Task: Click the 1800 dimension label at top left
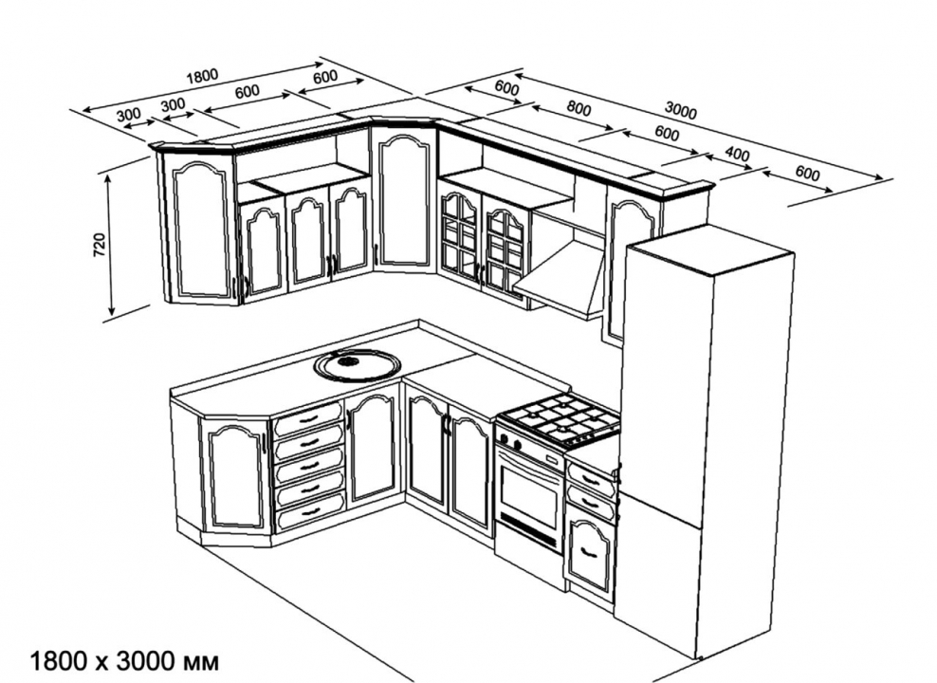point(202,76)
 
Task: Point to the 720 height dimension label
point(99,244)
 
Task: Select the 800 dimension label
point(579,108)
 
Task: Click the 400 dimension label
point(736,155)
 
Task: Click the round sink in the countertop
point(358,363)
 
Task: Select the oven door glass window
point(529,499)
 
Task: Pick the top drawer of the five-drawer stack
point(308,417)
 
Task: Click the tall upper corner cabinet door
point(405,200)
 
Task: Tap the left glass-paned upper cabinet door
point(459,235)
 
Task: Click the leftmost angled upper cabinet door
point(200,227)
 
